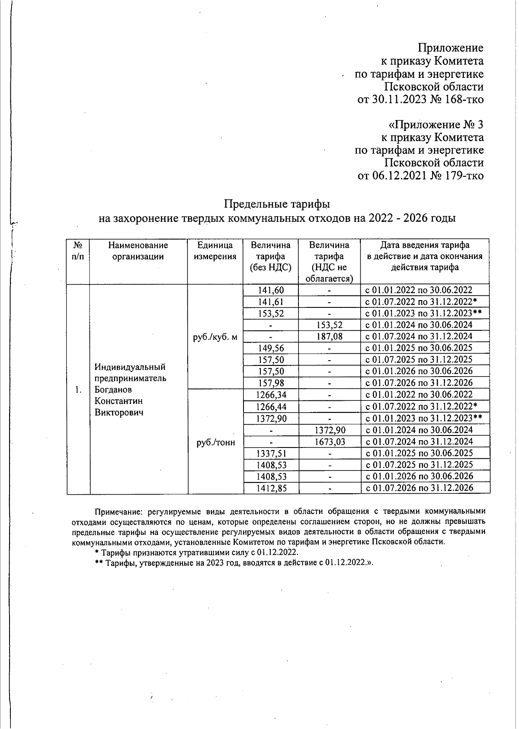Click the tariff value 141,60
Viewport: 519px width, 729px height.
click(271, 290)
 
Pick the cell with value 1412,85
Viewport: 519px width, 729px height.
click(271, 488)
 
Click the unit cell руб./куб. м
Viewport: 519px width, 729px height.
click(215, 337)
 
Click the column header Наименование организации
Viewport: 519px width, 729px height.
click(138, 251)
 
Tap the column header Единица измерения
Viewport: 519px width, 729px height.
click(215, 251)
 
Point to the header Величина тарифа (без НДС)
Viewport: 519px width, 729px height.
click(271, 256)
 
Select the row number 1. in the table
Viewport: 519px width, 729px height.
click(78, 390)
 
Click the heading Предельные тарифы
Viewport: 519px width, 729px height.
click(277, 203)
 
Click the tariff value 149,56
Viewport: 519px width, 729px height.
click(271, 348)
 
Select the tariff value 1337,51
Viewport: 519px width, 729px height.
click(271, 453)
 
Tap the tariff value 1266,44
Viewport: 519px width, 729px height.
click(271, 406)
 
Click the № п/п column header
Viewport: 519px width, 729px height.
click(78, 251)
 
